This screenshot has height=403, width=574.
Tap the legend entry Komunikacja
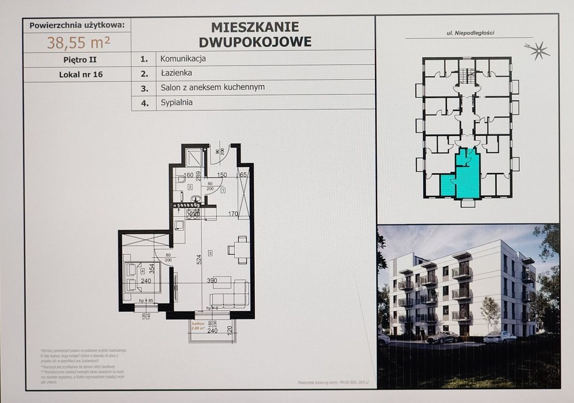click(183, 59)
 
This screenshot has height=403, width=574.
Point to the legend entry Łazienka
click(175, 73)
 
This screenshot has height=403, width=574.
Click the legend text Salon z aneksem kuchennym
click(212, 87)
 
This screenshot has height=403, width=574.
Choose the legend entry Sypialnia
click(176, 102)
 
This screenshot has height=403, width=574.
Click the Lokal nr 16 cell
click(80, 74)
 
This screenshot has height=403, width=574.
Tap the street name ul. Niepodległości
click(470, 34)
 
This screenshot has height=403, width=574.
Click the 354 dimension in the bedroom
click(151, 267)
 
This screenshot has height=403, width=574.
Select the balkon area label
click(198, 326)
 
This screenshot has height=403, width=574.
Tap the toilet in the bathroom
click(181, 180)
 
